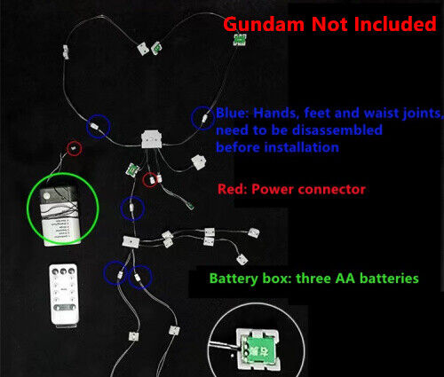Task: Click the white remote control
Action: pos(64,295)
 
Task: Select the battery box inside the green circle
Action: pos(60,216)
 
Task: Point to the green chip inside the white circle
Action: pos(258,350)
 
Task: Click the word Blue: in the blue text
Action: pos(233,113)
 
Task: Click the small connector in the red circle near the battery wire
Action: pos(75,148)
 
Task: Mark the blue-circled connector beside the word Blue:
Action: pos(204,118)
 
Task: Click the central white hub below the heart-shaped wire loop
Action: pos(152,139)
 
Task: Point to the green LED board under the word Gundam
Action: pos(240,40)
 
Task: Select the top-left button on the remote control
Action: pos(55,271)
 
